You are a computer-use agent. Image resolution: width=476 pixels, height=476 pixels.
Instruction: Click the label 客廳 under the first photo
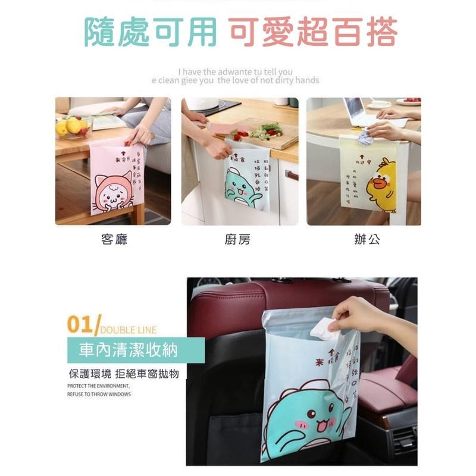point(114,240)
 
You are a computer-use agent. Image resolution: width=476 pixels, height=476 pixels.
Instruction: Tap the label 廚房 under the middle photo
point(237,240)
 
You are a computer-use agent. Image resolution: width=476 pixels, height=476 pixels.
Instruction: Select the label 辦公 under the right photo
point(367,240)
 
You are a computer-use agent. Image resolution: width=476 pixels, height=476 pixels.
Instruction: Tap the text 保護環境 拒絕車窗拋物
point(123,374)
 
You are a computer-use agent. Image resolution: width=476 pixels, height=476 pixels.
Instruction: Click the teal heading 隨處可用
point(151,32)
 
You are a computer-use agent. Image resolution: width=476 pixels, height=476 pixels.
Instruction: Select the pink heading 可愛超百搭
point(313,32)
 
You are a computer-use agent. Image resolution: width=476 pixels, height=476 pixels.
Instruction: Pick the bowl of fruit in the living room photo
point(71,127)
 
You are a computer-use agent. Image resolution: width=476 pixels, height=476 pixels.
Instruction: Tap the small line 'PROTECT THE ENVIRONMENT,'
point(98,386)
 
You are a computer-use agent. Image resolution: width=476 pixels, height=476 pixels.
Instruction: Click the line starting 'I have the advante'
point(235,72)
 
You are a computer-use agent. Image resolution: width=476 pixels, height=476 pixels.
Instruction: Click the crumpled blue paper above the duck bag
point(365,138)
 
